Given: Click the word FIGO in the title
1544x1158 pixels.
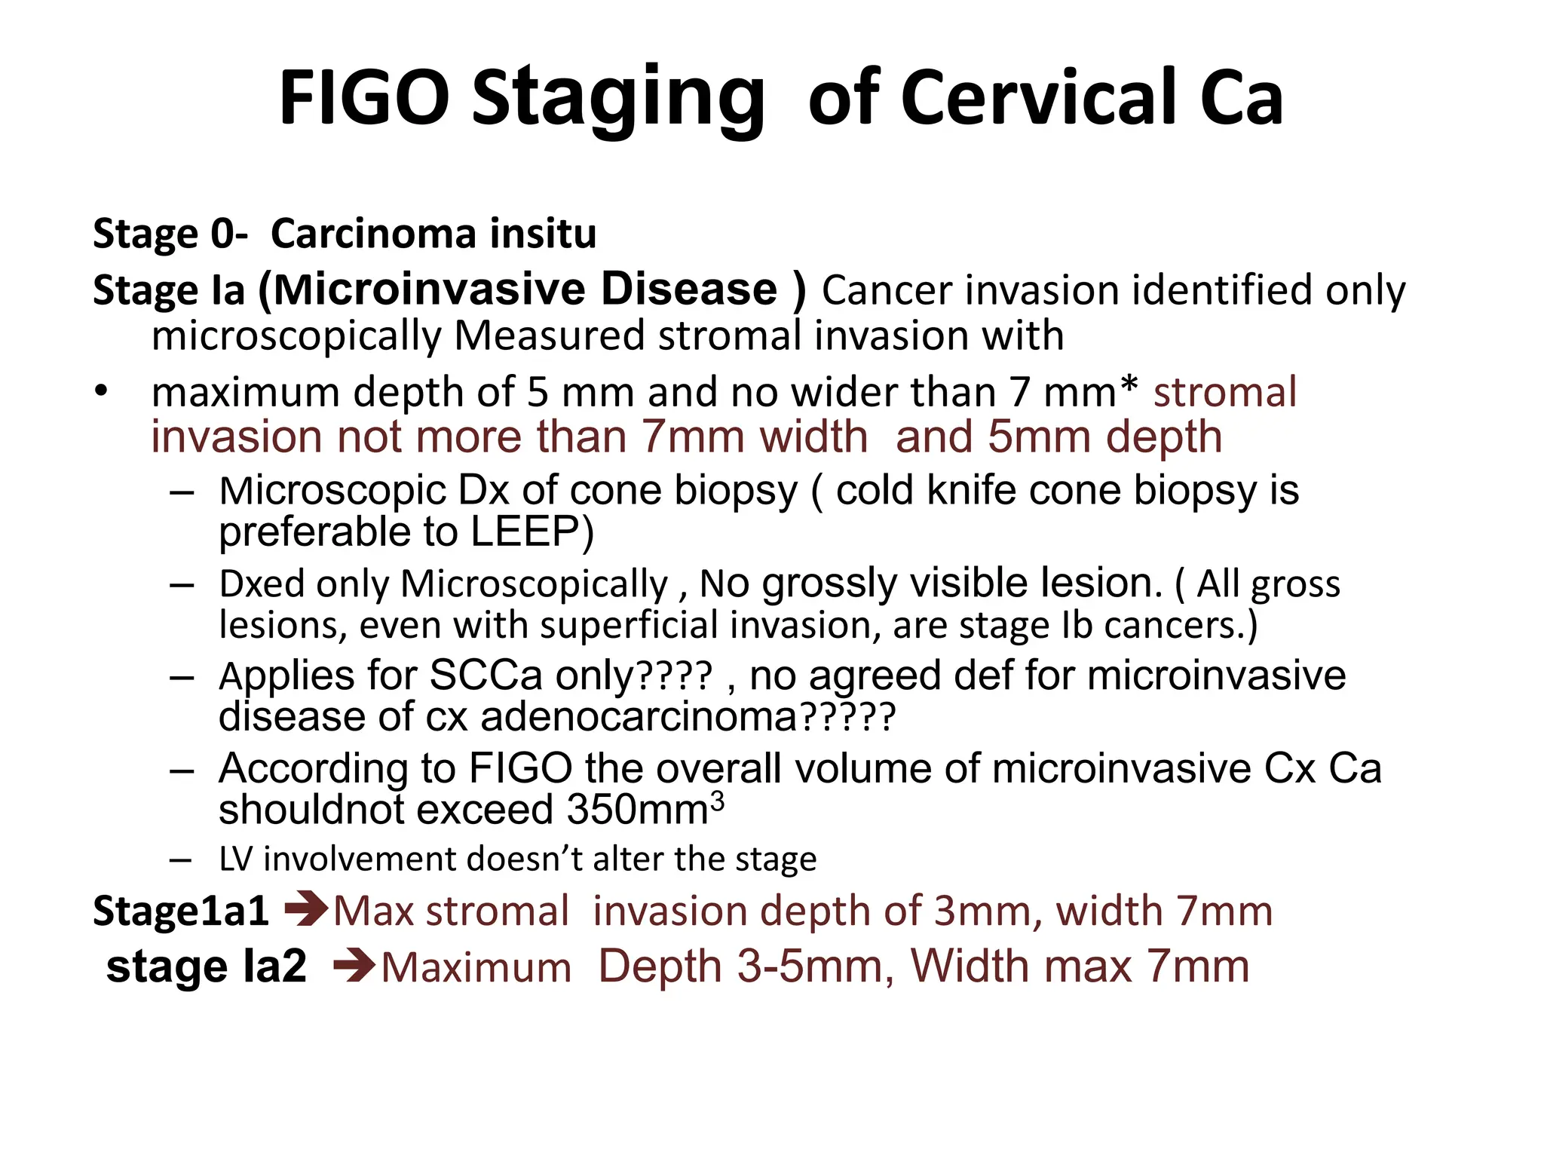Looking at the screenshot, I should (364, 98).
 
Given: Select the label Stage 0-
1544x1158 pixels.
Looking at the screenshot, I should (170, 234).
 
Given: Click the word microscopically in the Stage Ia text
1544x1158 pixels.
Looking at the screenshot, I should (296, 336).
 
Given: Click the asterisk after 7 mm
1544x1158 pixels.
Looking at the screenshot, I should (1128, 386).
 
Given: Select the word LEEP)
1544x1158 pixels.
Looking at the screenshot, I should (532, 532).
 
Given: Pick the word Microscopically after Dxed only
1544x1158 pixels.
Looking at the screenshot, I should (534, 584).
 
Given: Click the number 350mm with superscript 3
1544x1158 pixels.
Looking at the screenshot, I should (645, 810).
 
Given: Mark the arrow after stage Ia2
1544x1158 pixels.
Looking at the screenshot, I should (353, 966).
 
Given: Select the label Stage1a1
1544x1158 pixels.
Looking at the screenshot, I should (181, 911).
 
